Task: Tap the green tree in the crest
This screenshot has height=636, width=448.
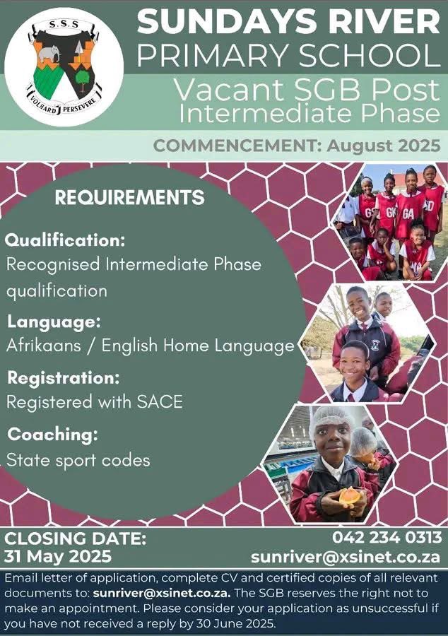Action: pyautogui.click(x=82, y=78)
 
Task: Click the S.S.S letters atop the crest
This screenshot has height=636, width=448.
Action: pyautogui.click(x=64, y=25)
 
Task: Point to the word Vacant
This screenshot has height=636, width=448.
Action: pyautogui.click(x=229, y=90)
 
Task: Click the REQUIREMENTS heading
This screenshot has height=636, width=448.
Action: pyautogui.click(x=130, y=198)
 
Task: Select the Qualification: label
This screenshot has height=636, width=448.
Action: pyautogui.click(x=65, y=240)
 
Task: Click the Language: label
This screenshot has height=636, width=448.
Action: pyautogui.click(x=54, y=322)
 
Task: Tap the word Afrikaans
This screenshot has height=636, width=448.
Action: pyautogui.click(x=43, y=346)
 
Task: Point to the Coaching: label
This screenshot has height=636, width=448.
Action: pyautogui.click(x=53, y=435)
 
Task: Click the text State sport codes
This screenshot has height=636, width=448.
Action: pyautogui.click(x=78, y=460)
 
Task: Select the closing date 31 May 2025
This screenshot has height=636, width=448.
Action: pyautogui.click(x=57, y=556)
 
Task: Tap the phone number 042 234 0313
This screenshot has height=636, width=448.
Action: pyautogui.click(x=387, y=538)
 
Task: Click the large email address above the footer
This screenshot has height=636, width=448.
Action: pyautogui.click(x=346, y=557)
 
